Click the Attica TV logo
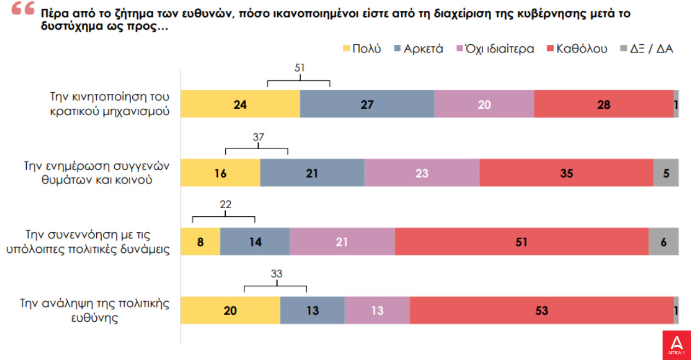(676, 345)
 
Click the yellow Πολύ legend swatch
(345, 49)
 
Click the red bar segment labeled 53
(541, 311)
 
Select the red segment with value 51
(522, 241)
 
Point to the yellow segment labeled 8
(200, 241)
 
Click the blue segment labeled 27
(367, 104)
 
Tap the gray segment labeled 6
(663, 241)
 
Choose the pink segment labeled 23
(421, 173)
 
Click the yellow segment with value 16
(220, 173)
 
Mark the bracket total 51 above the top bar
(298, 68)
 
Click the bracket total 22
(225, 205)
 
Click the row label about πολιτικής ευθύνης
(95, 310)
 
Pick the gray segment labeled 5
(665, 173)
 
